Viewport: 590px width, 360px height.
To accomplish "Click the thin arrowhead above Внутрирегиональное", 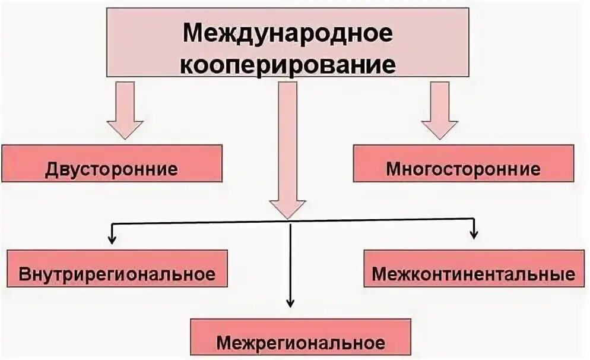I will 111,239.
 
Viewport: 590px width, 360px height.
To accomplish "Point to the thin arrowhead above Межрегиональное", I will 290,302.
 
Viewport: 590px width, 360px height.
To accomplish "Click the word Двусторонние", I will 112,169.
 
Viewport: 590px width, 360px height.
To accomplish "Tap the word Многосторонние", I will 464,169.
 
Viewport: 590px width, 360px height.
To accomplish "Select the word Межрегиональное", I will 300,343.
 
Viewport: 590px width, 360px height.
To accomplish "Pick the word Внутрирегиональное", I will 117,275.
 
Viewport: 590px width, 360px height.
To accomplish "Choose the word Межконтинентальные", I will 474,275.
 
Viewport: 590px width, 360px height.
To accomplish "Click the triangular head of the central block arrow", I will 288,208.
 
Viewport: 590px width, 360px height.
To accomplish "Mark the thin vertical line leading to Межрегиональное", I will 290,261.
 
